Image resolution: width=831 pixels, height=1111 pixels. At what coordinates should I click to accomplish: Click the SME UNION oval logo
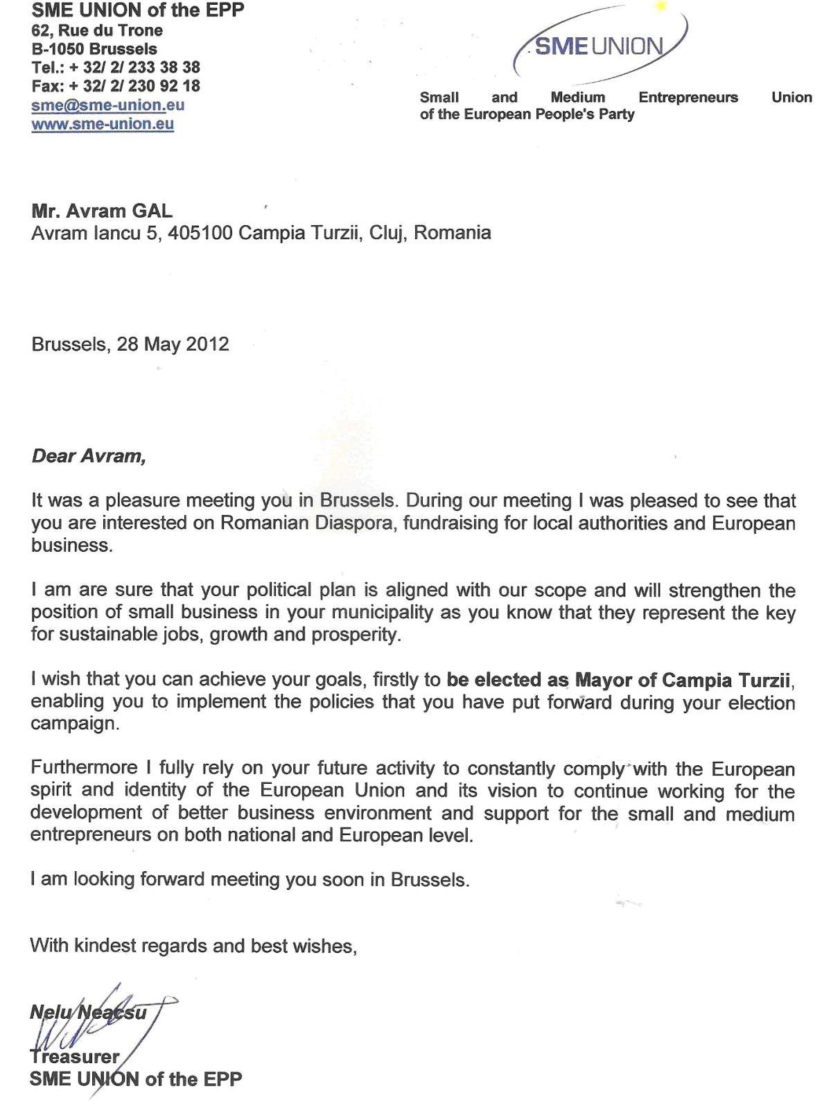600,46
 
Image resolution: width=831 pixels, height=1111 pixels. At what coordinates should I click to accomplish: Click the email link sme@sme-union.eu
107,105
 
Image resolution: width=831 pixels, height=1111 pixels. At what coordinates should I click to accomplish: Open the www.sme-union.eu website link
103,124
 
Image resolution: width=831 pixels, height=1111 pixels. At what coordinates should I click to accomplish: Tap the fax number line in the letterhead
116,86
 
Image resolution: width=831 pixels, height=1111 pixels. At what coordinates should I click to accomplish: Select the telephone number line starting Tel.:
116,67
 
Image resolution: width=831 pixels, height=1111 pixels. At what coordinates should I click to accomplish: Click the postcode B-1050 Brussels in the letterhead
94,49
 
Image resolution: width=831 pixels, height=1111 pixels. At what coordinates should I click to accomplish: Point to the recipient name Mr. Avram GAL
102,211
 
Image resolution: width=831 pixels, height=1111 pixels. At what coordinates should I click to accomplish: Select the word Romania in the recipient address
453,233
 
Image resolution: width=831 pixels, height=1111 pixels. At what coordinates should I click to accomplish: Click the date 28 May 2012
173,344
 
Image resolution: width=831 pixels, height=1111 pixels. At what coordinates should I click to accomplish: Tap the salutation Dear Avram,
89,456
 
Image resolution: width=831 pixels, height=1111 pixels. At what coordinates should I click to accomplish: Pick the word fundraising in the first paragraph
451,523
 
